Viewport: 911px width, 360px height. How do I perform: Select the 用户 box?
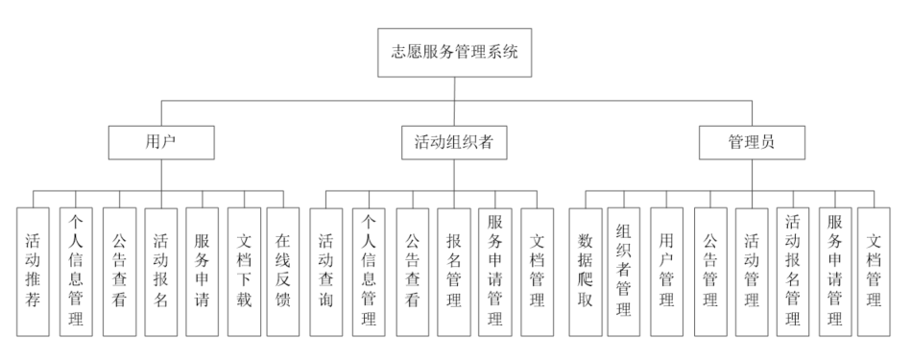(160, 143)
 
